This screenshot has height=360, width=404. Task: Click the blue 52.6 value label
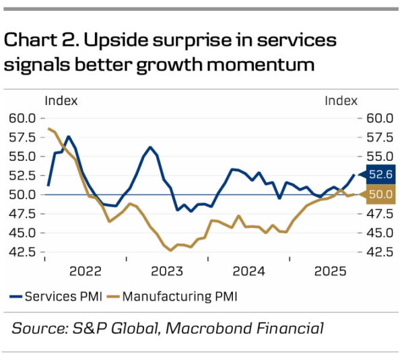click(x=380, y=175)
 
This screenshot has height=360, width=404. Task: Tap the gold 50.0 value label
click(x=380, y=195)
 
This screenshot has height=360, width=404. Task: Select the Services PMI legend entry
click(x=54, y=295)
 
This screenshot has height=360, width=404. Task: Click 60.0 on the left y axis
click(x=22, y=118)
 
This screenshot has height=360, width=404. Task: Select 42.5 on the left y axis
click(x=22, y=252)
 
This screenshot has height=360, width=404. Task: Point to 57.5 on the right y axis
click(x=379, y=137)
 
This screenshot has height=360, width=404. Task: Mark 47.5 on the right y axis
click(x=379, y=213)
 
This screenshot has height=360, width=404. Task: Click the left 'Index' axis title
click(x=61, y=101)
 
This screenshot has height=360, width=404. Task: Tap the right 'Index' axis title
click(x=341, y=101)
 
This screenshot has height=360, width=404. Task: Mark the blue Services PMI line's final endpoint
click(x=354, y=175)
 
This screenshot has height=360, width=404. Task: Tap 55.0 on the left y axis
click(x=22, y=156)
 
